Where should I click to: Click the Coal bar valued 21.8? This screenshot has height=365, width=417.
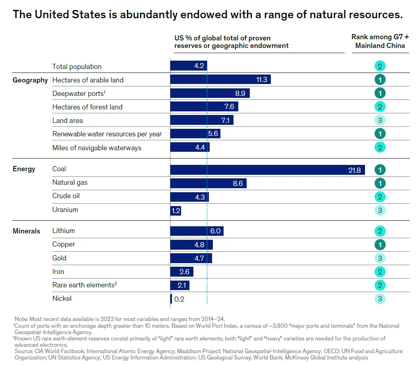[267, 170]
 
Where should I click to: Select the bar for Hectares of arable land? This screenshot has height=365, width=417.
[220, 80]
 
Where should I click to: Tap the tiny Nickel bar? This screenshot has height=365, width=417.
[171, 299]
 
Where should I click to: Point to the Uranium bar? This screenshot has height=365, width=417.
[176, 210]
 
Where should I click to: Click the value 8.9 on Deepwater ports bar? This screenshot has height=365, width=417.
[240, 93]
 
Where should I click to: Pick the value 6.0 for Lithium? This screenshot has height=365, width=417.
[215, 231]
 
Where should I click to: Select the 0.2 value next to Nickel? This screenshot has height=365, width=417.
[179, 299]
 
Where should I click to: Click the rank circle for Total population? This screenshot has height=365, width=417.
[380, 66]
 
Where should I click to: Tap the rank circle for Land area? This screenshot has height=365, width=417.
[380, 120]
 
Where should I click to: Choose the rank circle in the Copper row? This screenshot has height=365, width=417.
[380, 245]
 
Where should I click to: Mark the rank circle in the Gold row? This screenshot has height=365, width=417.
[380, 258]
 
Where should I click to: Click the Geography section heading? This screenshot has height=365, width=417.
[30, 80]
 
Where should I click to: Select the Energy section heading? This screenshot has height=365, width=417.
[24, 169]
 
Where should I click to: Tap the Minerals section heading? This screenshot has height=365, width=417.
[26, 231]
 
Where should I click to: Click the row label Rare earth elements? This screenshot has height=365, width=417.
[84, 285]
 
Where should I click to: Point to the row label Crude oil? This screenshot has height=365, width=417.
[66, 196]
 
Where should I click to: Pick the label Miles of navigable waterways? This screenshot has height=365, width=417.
[97, 148]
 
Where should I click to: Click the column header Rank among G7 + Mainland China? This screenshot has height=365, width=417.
[380, 41]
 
